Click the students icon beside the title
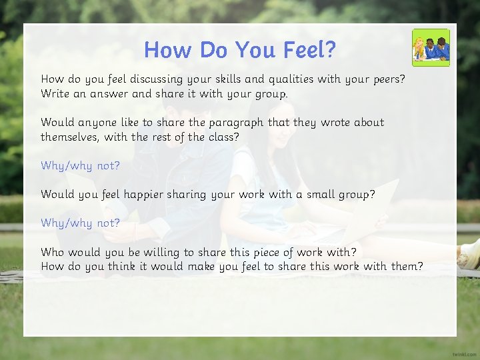(431, 47)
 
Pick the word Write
(55, 94)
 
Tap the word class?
(224, 137)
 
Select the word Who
(52, 252)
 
